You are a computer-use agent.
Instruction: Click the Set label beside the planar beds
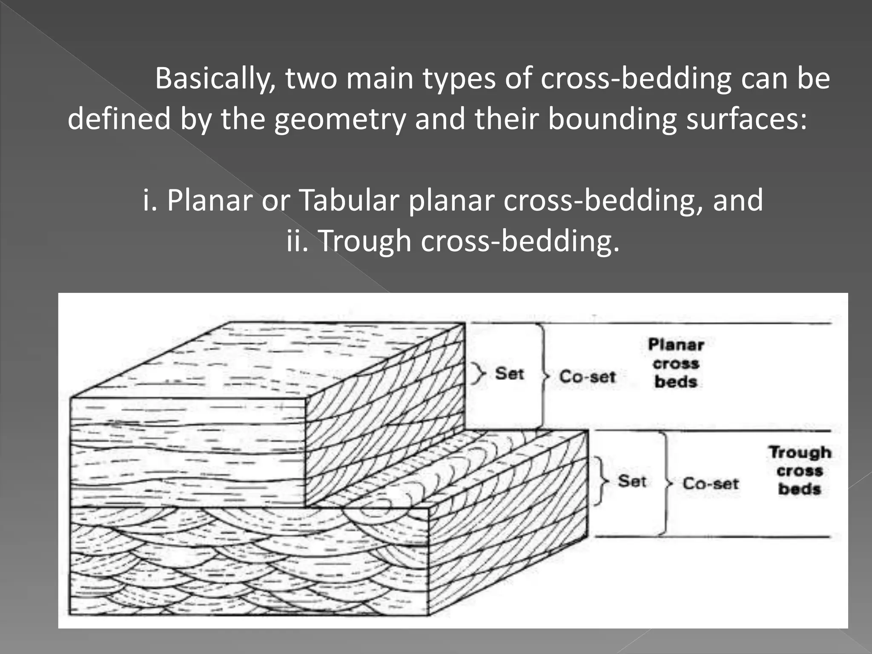509,374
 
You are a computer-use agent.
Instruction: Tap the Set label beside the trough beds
632,482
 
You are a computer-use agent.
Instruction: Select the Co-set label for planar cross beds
587,377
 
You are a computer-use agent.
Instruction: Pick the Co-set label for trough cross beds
711,484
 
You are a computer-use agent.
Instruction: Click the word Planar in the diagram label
676,345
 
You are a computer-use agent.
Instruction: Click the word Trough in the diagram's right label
800,452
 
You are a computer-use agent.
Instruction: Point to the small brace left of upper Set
479,375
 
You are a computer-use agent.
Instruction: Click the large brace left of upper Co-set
542,376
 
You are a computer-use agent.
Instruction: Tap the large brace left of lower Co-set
665,483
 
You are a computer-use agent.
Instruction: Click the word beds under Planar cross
676,382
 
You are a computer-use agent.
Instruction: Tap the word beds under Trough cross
800,489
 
